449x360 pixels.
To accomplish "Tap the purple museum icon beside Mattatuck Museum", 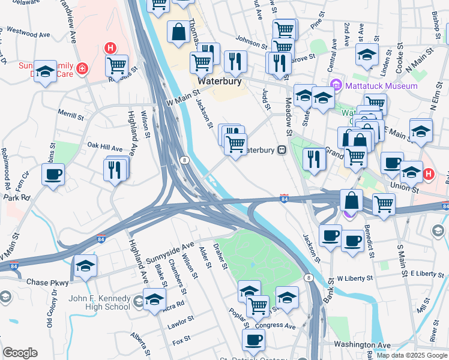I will coord(336,85).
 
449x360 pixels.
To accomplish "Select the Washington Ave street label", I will coord(361,345).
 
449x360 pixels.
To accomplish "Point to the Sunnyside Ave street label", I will coord(170,253).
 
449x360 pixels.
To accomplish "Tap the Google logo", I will coord(20,353).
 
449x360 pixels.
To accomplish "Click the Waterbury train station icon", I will coord(281,150).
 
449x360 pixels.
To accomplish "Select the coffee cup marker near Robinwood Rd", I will coord(53,175).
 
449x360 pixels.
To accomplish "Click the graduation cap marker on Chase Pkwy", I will coord(85,266).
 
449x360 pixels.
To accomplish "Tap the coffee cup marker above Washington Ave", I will coord(253,340).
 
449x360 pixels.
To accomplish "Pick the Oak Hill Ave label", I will coord(105,146).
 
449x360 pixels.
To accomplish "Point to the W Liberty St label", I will coord(355,278).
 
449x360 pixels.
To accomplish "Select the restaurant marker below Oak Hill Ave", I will coord(116,169).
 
